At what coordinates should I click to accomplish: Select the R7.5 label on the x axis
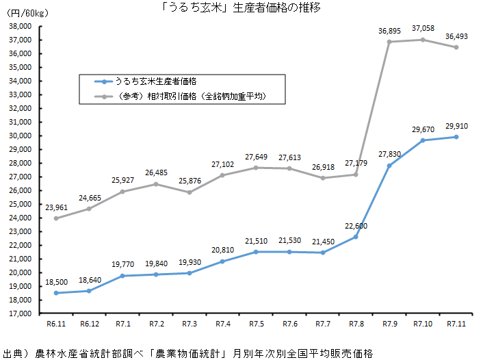coord(256,324)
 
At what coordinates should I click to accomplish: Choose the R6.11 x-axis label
coord(55,324)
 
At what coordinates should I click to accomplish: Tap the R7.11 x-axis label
coord(456,324)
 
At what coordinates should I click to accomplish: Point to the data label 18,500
coord(56,281)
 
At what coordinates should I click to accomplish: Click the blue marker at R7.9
coord(389,166)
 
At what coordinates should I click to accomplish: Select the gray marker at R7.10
coord(423,40)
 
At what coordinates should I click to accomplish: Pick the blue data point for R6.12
coord(89,291)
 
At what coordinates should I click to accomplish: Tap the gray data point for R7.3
coord(189,192)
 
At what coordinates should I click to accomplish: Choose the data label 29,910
coord(457,126)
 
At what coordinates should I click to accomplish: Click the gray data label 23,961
coord(56,207)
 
